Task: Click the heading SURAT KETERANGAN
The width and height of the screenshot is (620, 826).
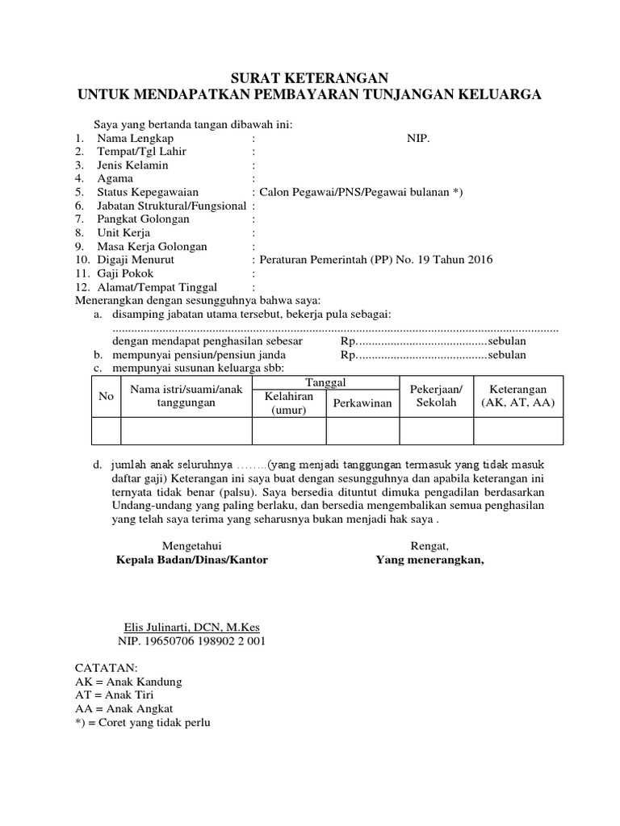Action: coord(310,78)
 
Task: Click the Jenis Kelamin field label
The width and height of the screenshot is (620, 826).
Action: coord(132,165)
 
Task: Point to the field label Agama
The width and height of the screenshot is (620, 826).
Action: coord(115,178)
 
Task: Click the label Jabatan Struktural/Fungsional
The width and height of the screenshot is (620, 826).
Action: coord(171,206)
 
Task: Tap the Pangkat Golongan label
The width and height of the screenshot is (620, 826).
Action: coord(143,219)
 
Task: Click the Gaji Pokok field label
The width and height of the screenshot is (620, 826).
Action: coord(125,273)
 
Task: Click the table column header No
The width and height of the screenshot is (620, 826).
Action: coord(106,396)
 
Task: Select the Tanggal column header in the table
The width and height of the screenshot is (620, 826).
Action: coord(326,382)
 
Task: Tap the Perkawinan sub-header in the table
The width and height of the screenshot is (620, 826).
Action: coord(362,403)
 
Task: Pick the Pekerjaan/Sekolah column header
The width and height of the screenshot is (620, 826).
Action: coord(437,395)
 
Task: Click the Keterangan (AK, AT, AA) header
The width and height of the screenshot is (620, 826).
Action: coord(517,395)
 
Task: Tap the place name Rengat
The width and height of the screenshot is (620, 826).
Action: coord(429,546)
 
